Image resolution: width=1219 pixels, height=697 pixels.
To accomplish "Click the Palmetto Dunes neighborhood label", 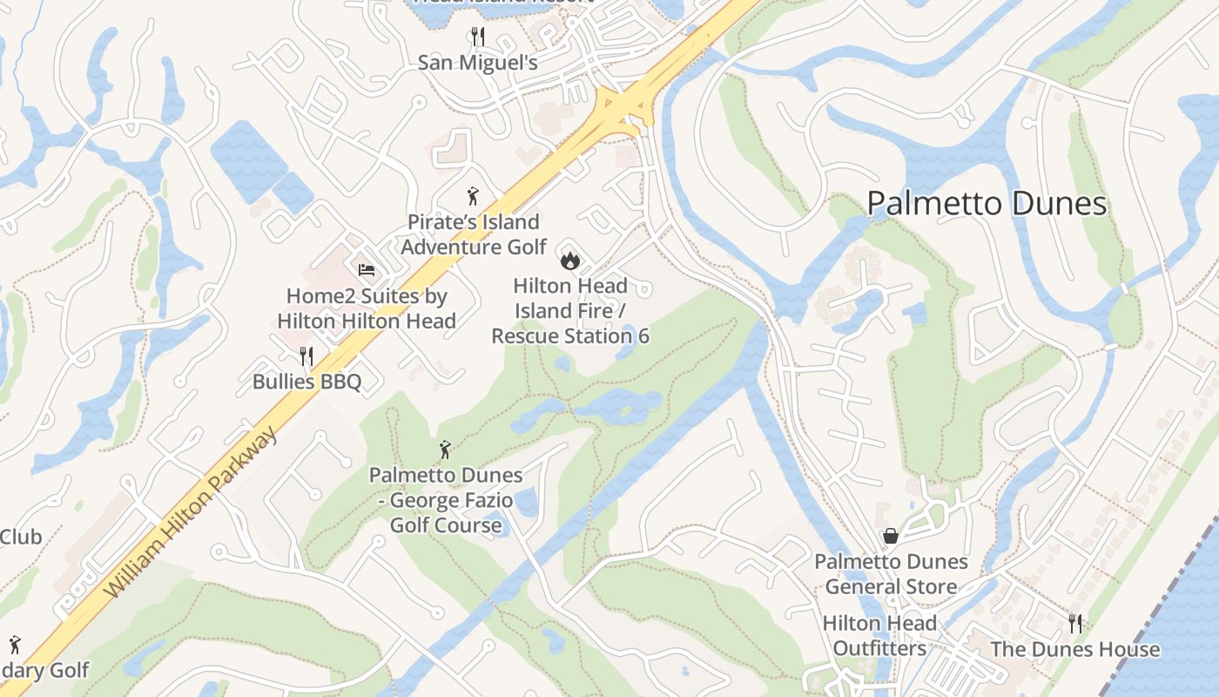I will click(x=987, y=204).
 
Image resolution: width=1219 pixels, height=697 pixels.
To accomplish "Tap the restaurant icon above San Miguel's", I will click(x=477, y=36).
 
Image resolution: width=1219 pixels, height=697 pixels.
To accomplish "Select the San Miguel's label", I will click(x=477, y=63).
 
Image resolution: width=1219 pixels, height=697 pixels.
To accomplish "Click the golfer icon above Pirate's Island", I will click(x=473, y=196).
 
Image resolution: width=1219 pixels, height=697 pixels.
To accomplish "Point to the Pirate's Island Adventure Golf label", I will click(x=474, y=234).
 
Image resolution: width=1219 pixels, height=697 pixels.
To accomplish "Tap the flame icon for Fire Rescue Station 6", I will click(x=569, y=260).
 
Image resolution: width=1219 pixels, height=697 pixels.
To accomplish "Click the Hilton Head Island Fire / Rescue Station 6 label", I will click(x=570, y=310).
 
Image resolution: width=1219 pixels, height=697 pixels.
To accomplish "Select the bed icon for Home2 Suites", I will click(x=367, y=270).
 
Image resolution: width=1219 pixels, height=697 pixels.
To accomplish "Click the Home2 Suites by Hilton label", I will click(x=367, y=308).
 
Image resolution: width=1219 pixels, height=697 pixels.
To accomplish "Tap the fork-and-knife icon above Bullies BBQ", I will click(x=306, y=355).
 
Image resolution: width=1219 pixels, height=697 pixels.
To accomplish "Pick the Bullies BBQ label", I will click(x=306, y=382).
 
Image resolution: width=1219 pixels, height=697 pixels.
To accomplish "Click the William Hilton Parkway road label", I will click(x=193, y=512).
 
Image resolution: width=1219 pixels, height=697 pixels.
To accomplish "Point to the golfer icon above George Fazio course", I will click(x=446, y=450).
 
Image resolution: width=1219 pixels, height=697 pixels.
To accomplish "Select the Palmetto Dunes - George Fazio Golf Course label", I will click(x=446, y=500).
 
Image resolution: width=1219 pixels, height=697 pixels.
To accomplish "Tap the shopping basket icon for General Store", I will click(x=891, y=536).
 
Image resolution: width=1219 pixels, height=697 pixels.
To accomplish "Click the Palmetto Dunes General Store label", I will click(x=891, y=574).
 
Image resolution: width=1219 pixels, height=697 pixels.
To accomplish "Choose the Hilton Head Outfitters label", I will click(x=879, y=636).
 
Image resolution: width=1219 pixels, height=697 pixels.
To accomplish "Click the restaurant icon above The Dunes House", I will click(x=1075, y=623).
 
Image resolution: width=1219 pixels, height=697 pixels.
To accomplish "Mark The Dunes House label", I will click(x=1075, y=649).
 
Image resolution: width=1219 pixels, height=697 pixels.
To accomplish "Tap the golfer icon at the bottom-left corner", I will click(x=14, y=645).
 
